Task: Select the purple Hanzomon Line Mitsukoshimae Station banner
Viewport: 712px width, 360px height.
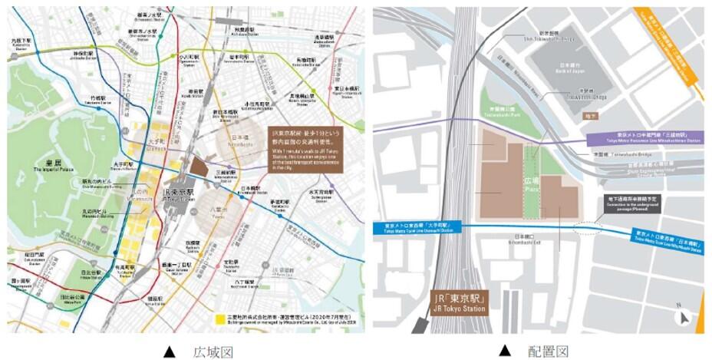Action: tap(646, 137)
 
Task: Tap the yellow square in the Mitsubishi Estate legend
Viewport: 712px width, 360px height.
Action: tap(219, 318)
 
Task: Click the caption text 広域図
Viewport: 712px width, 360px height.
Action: tap(213, 351)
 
